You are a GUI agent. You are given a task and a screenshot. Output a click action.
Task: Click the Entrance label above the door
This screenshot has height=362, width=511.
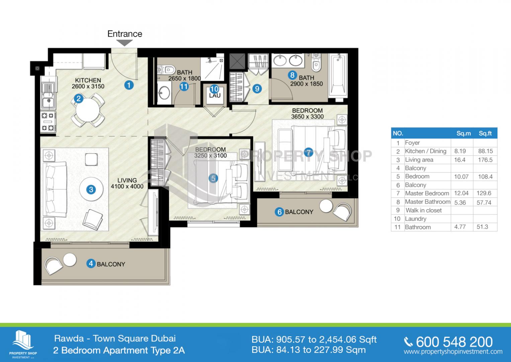click(125, 34)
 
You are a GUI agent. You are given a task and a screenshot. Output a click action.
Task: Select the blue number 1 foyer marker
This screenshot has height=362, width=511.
click(129, 85)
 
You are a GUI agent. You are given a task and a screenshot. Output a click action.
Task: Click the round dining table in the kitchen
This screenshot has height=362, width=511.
click(88, 111)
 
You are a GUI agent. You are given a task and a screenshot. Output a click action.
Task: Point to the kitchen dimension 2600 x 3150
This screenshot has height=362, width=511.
click(88, 86)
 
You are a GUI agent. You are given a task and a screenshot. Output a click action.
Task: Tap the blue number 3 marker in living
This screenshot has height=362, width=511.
click(91, 189)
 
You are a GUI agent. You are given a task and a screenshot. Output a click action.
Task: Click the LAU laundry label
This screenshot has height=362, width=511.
click(215, 96)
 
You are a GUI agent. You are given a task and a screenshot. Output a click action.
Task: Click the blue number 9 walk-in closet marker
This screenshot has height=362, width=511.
click(257, 88)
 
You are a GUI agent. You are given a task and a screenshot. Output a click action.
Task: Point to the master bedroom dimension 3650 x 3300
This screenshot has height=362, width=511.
click(307, 117)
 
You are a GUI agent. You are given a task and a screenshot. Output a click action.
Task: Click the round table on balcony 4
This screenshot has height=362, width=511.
click(70, 260)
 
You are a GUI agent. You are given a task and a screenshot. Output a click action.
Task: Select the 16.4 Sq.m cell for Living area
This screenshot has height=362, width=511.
click(460, 160)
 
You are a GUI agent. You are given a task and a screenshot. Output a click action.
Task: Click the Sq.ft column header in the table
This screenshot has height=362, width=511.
click(485, 133)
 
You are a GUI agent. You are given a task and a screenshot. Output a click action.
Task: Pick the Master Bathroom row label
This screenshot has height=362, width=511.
click(427, 202)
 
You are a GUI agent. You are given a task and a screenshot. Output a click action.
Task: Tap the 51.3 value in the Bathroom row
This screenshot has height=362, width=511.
click(482, 227)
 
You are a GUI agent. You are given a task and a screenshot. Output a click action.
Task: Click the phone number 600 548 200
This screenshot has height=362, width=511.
click(454, 342)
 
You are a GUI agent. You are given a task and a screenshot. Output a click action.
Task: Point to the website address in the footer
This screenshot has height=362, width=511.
click(453, 352)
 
